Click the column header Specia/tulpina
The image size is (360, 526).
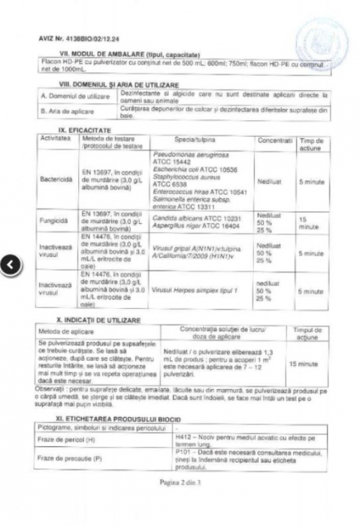click(x=196, y=141)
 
